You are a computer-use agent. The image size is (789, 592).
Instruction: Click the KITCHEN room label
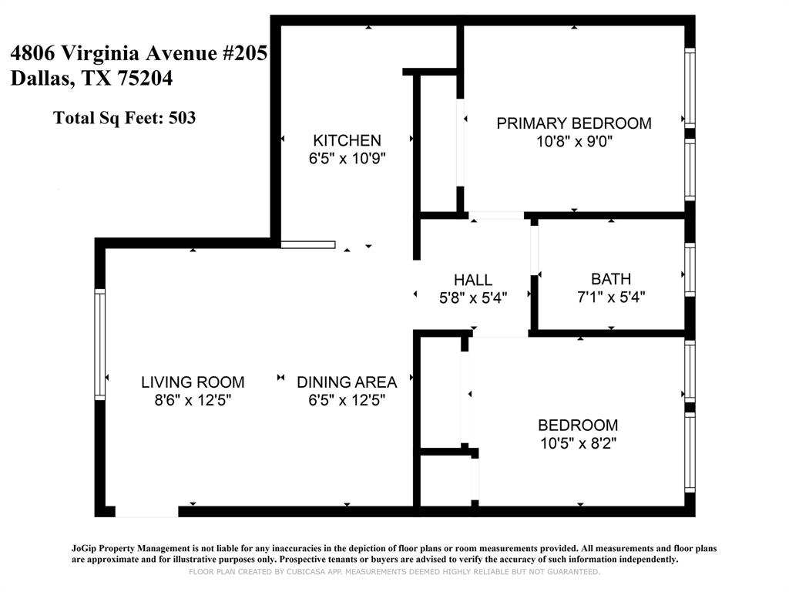(x=347, y=140)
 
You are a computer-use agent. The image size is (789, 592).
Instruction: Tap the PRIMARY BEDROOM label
(x=573, y=123)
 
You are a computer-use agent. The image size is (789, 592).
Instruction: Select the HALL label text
(x=472, y=280)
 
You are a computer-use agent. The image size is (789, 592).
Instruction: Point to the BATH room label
(x=610, y=279)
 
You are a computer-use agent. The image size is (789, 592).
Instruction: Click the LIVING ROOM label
(x=193, y=382)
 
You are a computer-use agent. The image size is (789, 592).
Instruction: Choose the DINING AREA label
(x=347, y=382)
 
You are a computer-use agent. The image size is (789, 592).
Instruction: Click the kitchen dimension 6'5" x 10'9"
(x=347, y=159)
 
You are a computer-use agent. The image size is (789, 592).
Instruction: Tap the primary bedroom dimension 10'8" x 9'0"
(x=573, y=142)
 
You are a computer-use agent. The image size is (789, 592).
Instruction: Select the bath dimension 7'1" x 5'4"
(x=610, y=297)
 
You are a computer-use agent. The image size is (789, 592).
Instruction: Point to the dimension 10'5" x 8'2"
(x=577, y=443)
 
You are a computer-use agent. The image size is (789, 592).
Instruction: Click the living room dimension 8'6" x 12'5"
(x=193, y=400)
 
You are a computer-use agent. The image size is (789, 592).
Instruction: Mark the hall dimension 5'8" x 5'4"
(x=472, y=298)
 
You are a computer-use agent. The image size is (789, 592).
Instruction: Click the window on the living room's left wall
(x=99, y=344)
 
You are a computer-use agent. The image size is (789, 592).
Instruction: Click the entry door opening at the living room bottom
(x=146, y=511)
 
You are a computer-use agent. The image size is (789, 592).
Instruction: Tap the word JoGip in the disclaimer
(x=87, y=548)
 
